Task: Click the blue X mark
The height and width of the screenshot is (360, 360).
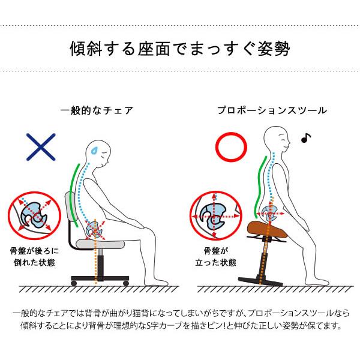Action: pyautogui.click(x=41, y=147)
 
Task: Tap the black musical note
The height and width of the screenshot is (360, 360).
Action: pyautogui.click(x=306, y=138)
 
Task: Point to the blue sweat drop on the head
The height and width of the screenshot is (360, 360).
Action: pyautogui.click(x=94, y=151)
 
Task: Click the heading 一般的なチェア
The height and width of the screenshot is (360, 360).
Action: pyautogui.click(x=97, y=110)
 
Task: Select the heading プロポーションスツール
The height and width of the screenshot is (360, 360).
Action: pyautogui.click(x=272, y=110)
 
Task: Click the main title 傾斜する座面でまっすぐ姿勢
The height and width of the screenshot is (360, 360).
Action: pyautogui.click(x=180, y=49)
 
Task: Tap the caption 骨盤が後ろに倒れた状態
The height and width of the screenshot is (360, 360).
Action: pyautogui.click(x=34, y=257)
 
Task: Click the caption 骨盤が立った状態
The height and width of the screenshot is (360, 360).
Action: pyautogui.click(x=215, y=257)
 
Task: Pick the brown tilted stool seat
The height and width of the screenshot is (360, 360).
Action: pyautogui.click(x=268, y=229)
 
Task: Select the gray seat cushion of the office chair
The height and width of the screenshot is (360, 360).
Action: pyautogui.click(x=100, y=244)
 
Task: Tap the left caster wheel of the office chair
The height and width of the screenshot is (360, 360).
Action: pyautogui.click(x=74, y=283)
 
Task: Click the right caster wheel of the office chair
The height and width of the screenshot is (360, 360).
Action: pyautogui.click(x=126, y=283)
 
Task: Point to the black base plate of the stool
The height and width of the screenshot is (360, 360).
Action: pyautogui.click(x=260, y=281)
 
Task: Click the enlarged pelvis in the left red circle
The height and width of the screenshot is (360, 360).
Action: pyautogui.click(x=34, y=215)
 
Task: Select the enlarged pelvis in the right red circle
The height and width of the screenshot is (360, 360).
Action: pyautogui.click(x=213, y=216)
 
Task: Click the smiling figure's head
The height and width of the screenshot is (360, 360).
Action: pyautogui.click(x=276, y=139)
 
